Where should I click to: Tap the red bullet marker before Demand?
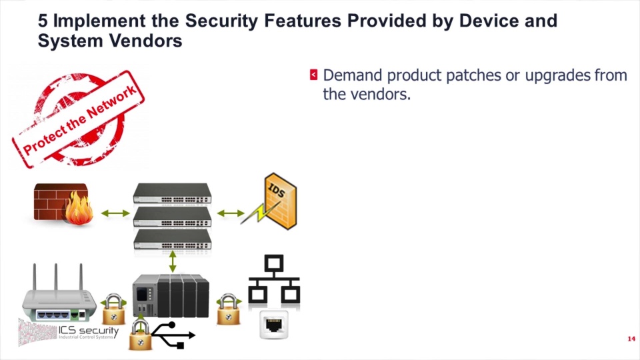point(313,75)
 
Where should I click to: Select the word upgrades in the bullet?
point(558,75)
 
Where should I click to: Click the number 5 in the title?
point(43,21)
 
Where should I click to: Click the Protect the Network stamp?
point(79,119)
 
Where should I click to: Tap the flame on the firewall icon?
point(79,208)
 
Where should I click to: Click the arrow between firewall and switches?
point(115,213)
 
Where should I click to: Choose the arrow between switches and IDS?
point(231,213)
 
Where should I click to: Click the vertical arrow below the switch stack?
point(173,261)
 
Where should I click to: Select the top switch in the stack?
point(172,193)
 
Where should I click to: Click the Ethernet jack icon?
point(274,325)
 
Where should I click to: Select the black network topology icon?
point(274,281)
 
